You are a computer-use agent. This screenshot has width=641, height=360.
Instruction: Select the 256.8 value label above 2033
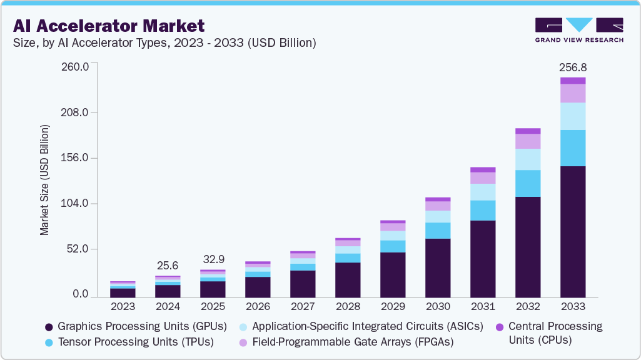(573, 67)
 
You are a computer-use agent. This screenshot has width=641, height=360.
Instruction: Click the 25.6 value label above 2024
(168, 265)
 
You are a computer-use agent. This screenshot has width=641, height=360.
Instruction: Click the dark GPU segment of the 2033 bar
(573, 231)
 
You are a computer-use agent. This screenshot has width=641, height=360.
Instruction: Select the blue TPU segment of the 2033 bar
(573, 147)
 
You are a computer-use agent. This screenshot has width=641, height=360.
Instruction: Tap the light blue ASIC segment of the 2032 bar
(528, 159)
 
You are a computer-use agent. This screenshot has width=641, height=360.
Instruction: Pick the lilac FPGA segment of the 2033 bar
(573, 93)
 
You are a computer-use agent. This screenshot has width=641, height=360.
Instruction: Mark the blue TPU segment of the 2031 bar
(483, 210)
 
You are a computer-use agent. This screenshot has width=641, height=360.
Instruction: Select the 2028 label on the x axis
(348, 306)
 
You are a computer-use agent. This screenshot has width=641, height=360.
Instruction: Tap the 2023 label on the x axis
(123, 306)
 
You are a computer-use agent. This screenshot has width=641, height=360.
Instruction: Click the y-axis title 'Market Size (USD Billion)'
(44, 180)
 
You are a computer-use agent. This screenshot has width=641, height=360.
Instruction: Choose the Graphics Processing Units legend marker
(49, 327)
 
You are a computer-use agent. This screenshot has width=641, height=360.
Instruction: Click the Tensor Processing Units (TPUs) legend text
(136, 341)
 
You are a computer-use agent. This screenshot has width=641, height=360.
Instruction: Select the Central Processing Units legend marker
(499, 327)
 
